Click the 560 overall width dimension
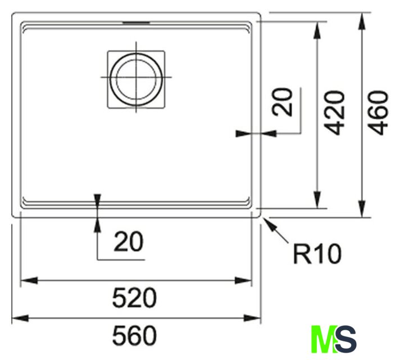coord(134,335)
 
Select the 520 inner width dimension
coord(134,298)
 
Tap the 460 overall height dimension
coord(379,112)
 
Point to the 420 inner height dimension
coord(336,112)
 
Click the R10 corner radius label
coord(317,254)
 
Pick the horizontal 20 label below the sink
coord(129,242)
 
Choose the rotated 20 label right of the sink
coord(282,102)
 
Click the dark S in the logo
coord(346,339)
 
